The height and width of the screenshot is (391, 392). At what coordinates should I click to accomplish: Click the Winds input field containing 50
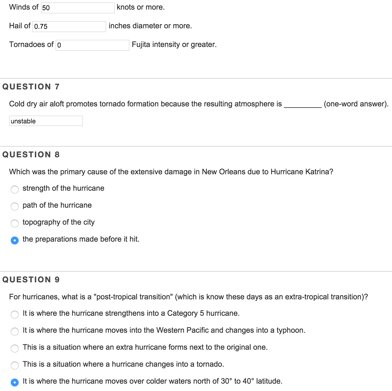click(77, 8)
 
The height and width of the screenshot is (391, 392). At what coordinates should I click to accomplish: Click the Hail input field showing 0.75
click(69, 26)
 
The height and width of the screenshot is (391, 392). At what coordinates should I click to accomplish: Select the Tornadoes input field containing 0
click(92, 45)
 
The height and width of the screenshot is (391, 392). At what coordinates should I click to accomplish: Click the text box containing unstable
click(46, 121)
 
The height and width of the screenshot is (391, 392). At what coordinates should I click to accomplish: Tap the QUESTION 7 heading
click(31, 87)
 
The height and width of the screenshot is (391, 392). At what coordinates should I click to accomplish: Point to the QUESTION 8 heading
click(31, 154)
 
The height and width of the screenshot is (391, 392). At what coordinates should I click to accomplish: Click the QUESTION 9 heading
click(31, 280)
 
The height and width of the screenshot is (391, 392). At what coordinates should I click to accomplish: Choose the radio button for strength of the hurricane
click(15, 189)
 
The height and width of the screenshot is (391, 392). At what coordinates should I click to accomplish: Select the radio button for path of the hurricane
click(15, 206)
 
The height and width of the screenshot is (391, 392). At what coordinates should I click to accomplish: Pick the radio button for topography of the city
click(15, 223)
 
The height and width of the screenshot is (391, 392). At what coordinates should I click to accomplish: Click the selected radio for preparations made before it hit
click(15, 240)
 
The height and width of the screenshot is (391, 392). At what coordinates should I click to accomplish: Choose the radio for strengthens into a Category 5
click(15, 314)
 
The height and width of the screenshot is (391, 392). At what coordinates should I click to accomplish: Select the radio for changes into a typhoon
click(15, 331)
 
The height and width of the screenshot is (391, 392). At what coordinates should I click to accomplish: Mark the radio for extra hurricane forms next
click(15, 348)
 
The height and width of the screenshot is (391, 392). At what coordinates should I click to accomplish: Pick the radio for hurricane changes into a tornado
click(15, 365)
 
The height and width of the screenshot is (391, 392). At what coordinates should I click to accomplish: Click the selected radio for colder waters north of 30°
click(15, 382)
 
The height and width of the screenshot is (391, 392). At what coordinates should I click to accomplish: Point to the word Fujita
click(141, 44)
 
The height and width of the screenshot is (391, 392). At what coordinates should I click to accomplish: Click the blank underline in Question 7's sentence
click(303, 106)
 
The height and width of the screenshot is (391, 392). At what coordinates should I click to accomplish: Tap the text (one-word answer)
click(356, 104)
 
